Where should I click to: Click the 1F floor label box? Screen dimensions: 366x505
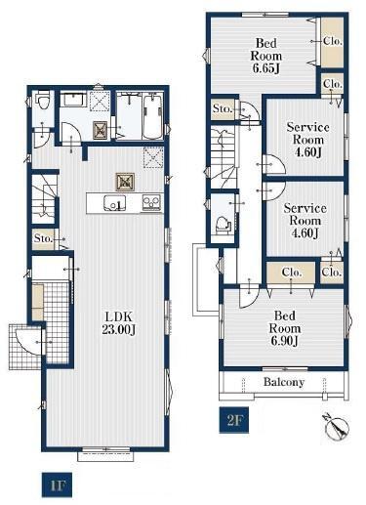[57, 484]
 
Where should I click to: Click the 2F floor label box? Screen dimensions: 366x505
[234, 420]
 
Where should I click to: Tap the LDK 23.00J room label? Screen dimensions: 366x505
[118, 323]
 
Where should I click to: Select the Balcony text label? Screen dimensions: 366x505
[284, 382]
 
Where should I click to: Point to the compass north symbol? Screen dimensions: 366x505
[336, 427]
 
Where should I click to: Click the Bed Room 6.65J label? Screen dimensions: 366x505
[266, 56]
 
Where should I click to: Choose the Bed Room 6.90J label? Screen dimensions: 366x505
[285, 328]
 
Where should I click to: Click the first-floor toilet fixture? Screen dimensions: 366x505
[42, 100]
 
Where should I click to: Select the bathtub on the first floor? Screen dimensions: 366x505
[153, 116]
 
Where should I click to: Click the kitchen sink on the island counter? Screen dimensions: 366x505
[114, 204]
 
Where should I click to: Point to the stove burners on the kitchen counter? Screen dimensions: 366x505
[151, 202]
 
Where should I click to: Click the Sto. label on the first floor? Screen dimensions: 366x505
[43, 238]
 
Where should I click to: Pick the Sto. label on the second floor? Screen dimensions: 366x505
[223, 108]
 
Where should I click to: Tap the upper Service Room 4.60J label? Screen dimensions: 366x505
[307, 140]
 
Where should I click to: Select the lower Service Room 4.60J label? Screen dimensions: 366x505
[305, 221]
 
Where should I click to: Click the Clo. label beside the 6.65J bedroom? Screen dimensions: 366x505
[333, 41]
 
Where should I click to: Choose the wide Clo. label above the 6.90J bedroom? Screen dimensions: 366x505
[292, 272]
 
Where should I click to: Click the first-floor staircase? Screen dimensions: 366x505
[45, 199]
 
